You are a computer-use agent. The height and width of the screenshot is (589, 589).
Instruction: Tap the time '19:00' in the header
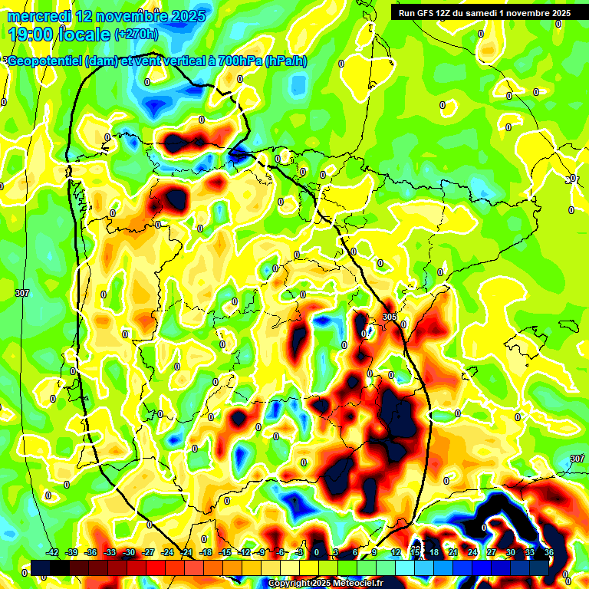tap(31, 34)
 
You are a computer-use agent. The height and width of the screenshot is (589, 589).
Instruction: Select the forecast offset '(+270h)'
tap(137, 34)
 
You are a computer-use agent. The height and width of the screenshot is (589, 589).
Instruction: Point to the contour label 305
tap(390, 317)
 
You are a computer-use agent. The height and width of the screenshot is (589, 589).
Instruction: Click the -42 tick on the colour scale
tap(53, 552)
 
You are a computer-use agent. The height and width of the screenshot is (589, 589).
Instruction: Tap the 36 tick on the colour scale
tap(549, 552)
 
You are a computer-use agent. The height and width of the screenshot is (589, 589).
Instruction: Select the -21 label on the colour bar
tap(186, 552)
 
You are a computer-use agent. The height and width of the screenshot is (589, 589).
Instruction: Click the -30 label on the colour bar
tap(129, 552)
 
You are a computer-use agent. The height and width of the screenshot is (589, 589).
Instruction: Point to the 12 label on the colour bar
tap(396, 552)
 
